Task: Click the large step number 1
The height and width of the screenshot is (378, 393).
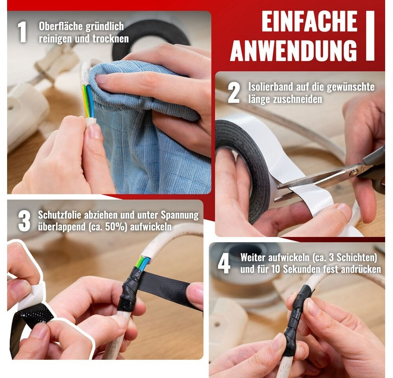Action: [22, 32]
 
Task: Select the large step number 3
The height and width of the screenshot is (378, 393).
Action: [24, 221]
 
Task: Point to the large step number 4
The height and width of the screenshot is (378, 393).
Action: [224, 263]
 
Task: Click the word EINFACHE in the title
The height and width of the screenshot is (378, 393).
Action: [309, 21]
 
